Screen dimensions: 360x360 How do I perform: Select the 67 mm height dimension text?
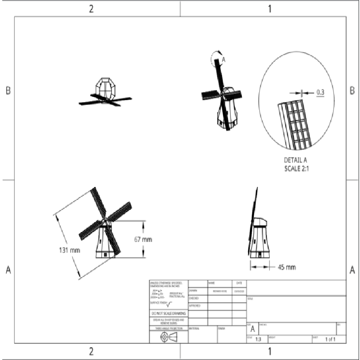[144, 239]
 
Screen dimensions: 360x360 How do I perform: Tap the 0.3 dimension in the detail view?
[320, 92]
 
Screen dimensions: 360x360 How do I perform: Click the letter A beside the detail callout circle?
[223, 59]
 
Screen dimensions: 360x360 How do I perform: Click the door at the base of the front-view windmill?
[106, 254]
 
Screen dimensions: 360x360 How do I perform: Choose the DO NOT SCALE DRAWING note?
[168, 313]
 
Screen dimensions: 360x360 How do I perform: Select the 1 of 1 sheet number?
[330, 339]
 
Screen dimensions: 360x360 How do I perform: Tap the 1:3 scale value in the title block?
[258, 339]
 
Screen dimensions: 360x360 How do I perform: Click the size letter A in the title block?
[252, 329]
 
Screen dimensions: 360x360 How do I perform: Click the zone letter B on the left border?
[8, 90]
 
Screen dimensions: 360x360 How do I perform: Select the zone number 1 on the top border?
[270, 8]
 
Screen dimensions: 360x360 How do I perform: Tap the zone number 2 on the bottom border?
[91, 351]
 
